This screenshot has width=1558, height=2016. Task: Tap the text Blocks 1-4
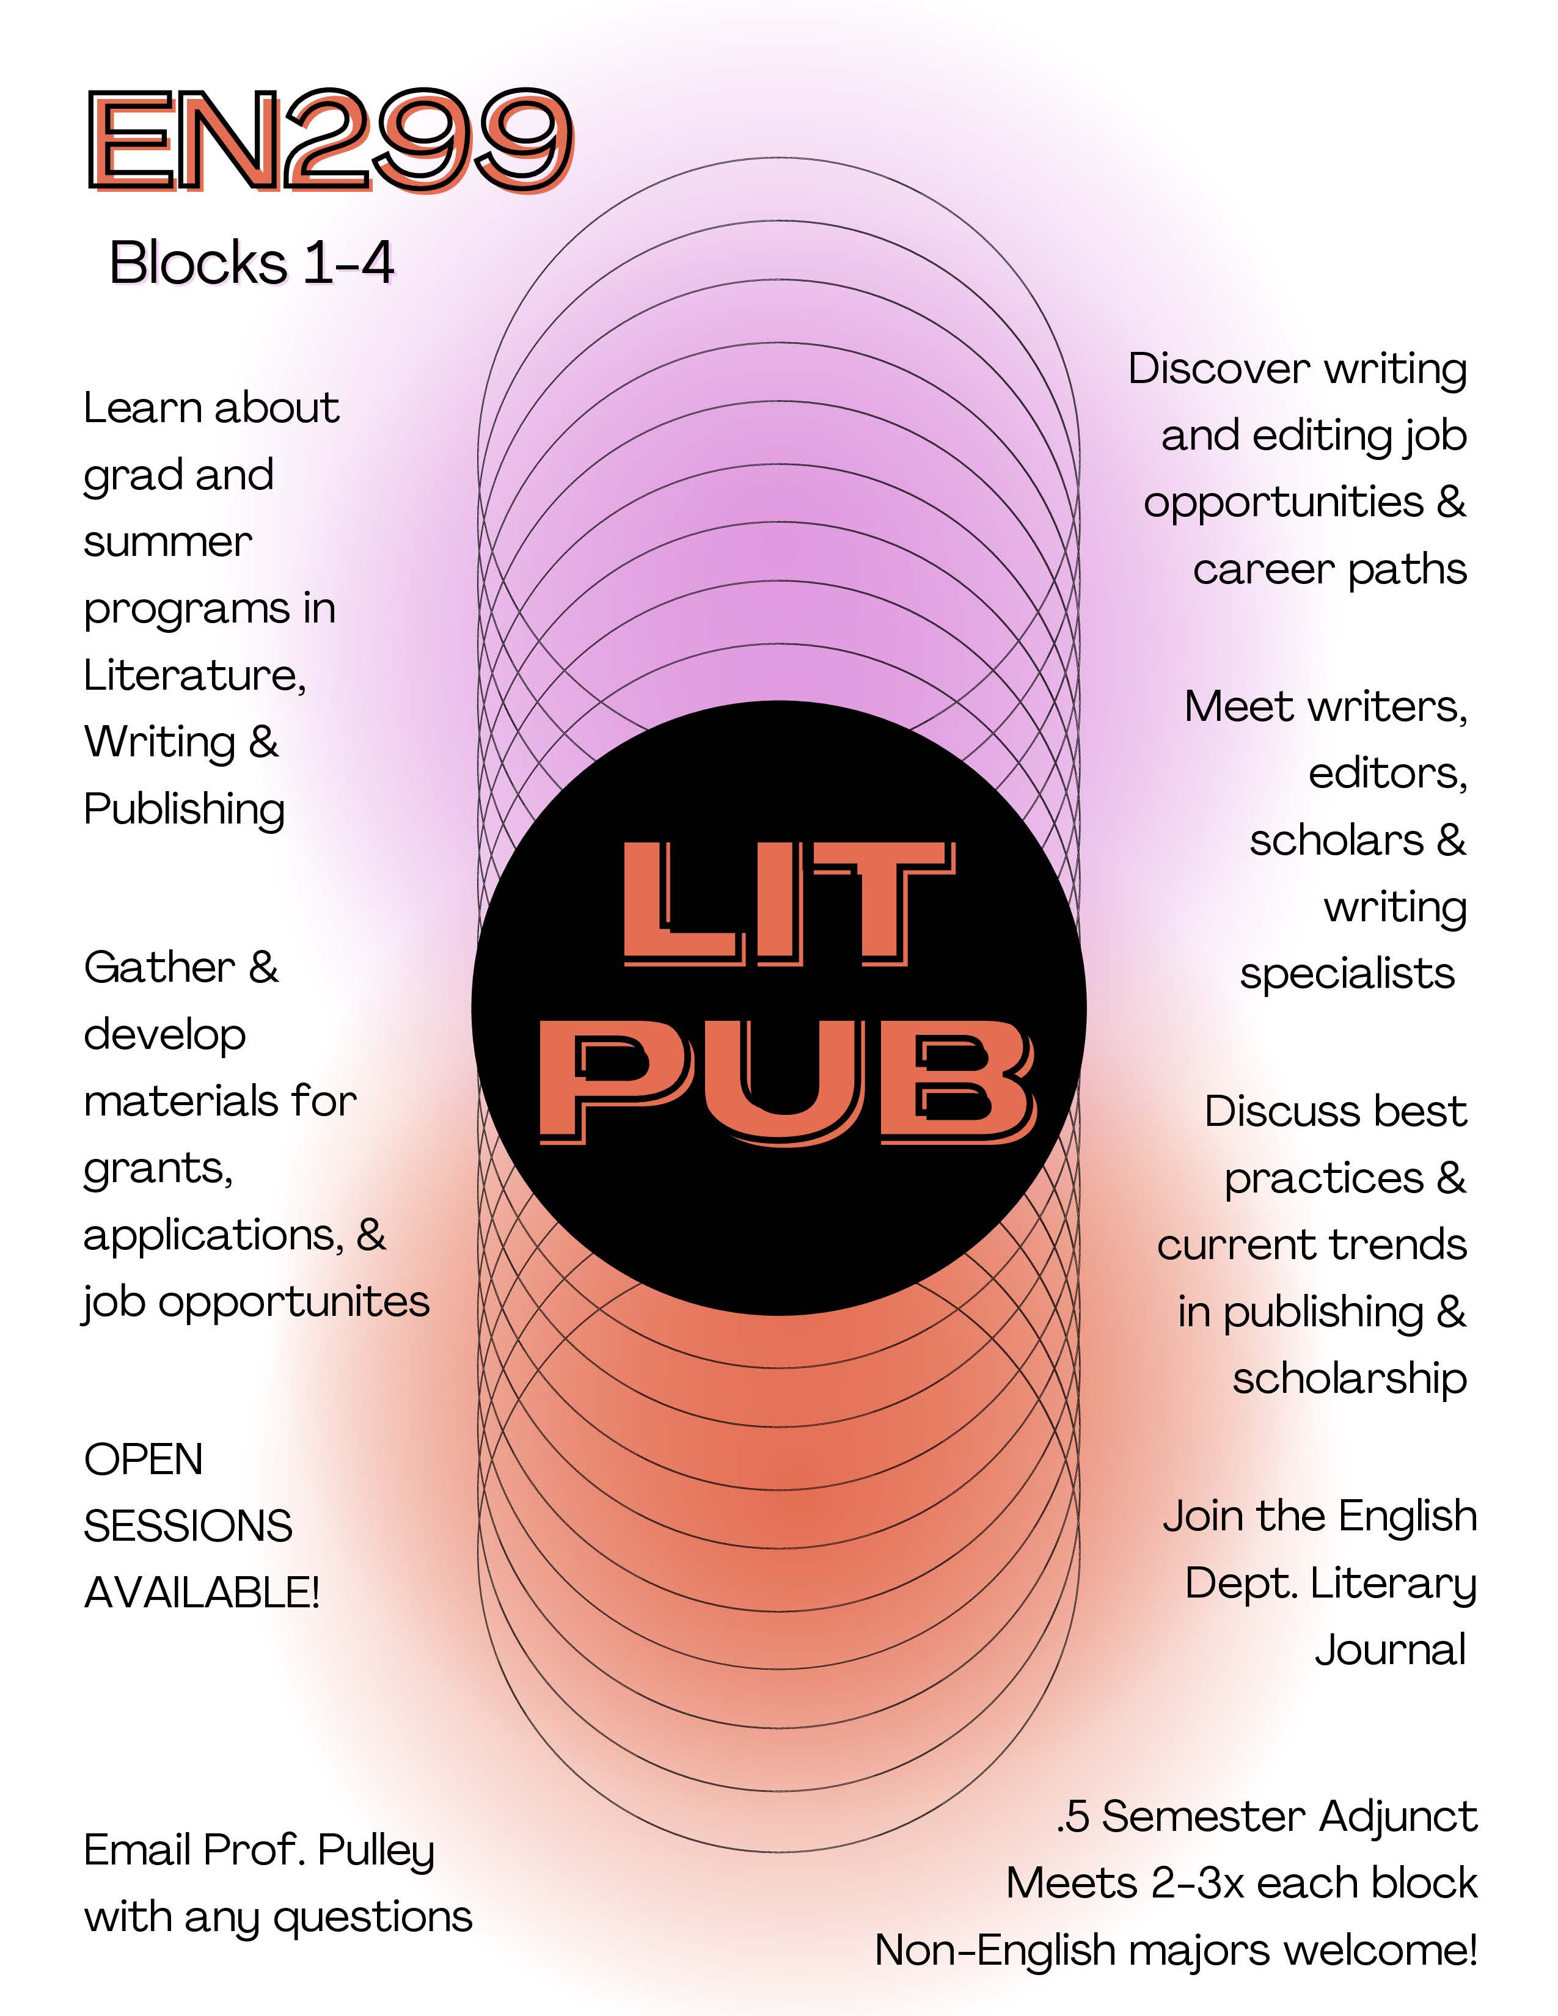[x=252, y=263]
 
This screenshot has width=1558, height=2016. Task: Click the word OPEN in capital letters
[x=143, y=1460]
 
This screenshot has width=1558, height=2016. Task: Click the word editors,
[x=1388, y=773]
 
